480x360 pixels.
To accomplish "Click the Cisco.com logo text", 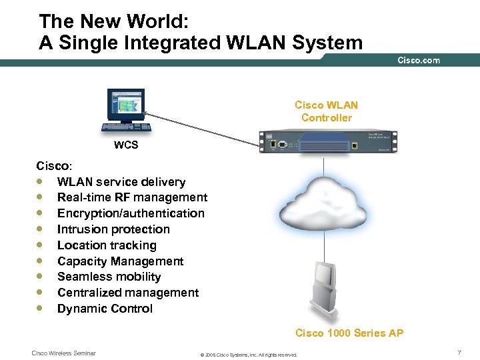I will [419, 61].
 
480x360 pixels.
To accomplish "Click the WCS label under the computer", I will [126, 145].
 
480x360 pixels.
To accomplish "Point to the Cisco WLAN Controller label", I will [326, 111].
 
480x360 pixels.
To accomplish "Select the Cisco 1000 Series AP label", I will [349, 333].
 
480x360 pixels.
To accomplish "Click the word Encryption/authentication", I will [131, 213].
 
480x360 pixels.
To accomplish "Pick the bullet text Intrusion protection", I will [113, 229].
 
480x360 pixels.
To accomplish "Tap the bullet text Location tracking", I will [107, 245].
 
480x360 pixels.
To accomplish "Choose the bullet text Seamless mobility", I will [109, 277].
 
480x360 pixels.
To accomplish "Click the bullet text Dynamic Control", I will [105, 309].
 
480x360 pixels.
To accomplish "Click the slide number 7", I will [459, 351].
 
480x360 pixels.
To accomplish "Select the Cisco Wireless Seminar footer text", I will [64, 353].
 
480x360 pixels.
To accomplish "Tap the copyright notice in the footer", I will [249, 355].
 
